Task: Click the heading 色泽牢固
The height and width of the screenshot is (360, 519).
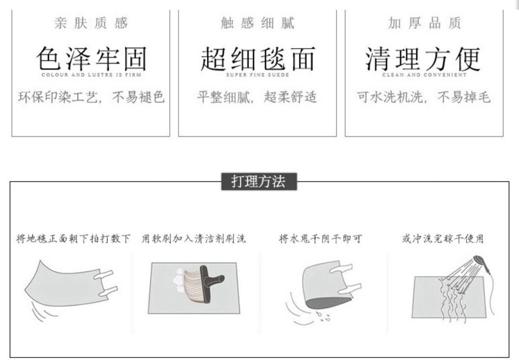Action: coord(91,58)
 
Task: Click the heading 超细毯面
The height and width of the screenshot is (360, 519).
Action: coord(258,58)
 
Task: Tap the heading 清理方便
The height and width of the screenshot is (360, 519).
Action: coord(423,58)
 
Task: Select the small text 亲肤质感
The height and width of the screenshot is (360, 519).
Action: coord(91,23)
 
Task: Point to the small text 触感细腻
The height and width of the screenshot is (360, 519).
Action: coord(258,23)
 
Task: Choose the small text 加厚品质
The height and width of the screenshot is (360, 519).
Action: coord(424,23)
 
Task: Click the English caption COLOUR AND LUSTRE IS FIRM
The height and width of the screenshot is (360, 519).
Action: coord(91,75)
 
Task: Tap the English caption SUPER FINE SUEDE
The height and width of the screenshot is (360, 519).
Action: coord(258,75)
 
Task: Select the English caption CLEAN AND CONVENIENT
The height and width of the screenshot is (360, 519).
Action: coord(424,75)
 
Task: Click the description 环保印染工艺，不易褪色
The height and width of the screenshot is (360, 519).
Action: coord(91,97)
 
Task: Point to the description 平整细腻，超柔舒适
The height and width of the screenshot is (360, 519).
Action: coord(257,97)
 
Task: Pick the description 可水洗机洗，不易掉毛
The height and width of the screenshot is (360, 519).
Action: coord(424,97)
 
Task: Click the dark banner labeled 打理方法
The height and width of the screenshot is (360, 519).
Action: coord(259,181)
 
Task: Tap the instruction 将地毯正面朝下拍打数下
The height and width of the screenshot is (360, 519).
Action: coord(73,238)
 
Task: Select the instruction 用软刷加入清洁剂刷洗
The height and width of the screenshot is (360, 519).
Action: coord(194,238)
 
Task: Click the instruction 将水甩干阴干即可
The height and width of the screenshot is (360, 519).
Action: coord(320,238)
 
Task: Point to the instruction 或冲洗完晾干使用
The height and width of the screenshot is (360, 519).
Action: coord(443,238)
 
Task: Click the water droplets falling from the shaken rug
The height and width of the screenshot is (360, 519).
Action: coord(323,316)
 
